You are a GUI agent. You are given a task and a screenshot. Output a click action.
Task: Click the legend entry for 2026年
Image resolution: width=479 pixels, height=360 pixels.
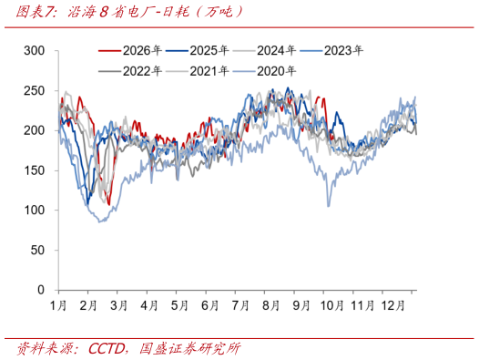tap(130, 50)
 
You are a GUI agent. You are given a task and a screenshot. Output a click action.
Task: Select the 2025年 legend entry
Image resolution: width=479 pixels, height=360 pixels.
tap(198, 50)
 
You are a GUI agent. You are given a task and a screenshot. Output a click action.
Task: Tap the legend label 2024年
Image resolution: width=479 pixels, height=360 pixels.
tap(265, 50)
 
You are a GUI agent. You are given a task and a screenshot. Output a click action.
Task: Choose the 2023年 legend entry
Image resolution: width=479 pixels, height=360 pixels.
tap(331, 50)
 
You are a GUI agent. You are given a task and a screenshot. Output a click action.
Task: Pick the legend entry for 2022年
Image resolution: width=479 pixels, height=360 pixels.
tap(130, 71)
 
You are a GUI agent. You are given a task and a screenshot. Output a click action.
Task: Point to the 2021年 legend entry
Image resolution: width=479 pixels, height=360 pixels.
tap(198, 71)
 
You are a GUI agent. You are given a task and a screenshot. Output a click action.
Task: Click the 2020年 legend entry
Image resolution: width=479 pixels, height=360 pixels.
tap(265, 71)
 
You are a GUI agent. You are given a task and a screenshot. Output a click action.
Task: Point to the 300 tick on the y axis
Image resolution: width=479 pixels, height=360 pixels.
tap(35, 50)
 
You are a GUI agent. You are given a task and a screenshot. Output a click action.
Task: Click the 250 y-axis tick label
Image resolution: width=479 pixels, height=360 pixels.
tap(35, 90)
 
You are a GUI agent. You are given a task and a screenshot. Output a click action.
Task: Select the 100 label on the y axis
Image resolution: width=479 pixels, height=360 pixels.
tap(35, 211)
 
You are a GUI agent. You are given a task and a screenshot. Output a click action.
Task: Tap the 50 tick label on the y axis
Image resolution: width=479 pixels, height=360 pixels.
tap(37, 251)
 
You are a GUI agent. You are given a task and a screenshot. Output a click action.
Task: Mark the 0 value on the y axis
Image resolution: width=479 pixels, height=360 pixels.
tap(41, 290)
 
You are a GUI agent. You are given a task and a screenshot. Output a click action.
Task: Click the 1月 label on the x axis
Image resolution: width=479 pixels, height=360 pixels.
tap(58, 305)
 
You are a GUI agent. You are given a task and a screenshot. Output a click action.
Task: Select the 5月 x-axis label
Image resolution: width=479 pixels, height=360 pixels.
tap(179, 305)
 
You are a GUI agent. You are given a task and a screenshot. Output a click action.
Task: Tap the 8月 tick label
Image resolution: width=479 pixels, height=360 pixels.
tap(270, 305)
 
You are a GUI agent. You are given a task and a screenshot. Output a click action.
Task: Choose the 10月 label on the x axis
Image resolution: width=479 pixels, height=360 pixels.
tap(332, 305)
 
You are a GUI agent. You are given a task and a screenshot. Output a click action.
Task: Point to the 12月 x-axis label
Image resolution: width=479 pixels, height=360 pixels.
tap(392, 305)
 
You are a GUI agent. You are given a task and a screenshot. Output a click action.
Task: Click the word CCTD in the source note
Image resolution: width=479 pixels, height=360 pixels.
tap(106, 349)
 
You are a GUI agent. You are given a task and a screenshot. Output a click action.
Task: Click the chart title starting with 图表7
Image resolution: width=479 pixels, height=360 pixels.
tap(129, 12)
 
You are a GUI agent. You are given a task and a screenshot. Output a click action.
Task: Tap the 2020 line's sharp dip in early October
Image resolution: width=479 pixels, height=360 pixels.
tap(329, 206)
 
